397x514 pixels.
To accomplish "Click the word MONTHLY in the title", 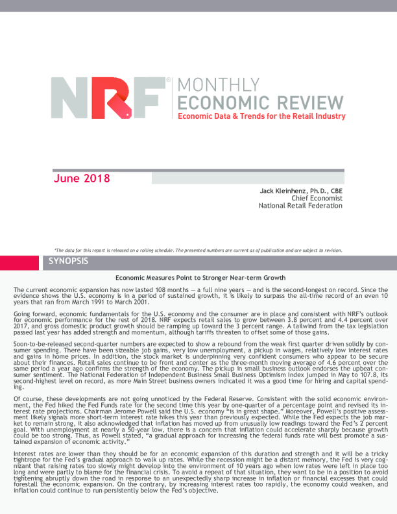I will coord(213,85).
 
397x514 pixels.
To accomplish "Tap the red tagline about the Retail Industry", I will coord(258,116).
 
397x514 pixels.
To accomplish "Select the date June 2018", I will coord(82,178).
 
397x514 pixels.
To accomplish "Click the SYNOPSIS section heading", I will coord(70,262).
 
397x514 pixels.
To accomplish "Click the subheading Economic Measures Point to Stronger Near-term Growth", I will coord(200,277).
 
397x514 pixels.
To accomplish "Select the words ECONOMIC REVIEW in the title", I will coord(259,103).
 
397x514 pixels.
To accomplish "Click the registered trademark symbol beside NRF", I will coord(169,80).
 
